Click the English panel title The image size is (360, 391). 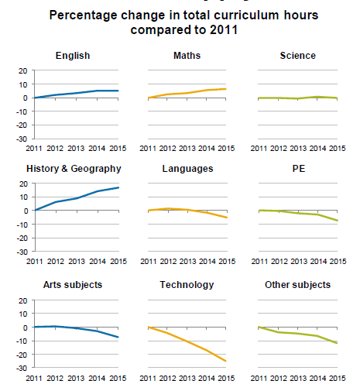[x=73, y=56]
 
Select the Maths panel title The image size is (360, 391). [x=187, y=56]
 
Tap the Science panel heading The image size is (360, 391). [x=298, y=56]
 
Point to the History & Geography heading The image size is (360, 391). [x=74, y=169]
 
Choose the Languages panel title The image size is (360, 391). [x=187, y=169]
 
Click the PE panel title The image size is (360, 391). [x=299, y=169]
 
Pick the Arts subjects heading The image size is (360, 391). [x=73, y=285]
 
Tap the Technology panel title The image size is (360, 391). [x=187, y=285]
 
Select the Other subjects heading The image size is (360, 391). [x=297, y=285]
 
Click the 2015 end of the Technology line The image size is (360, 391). [x=226, y=361]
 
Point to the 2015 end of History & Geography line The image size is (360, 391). [x=118, y=187]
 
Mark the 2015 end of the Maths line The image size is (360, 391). [x=226, y=89]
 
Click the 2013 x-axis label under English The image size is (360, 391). [x=76, y=149]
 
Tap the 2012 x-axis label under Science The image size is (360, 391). [x=279, y=149]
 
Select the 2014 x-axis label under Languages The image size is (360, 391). [x=207, y=262]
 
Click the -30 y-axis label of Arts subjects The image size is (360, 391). [x=22, y=369]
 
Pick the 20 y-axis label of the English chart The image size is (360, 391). [x=23, y=70]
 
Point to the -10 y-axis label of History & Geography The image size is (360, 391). [x=22, y=225]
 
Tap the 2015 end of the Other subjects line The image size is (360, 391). [x=337, y=343]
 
